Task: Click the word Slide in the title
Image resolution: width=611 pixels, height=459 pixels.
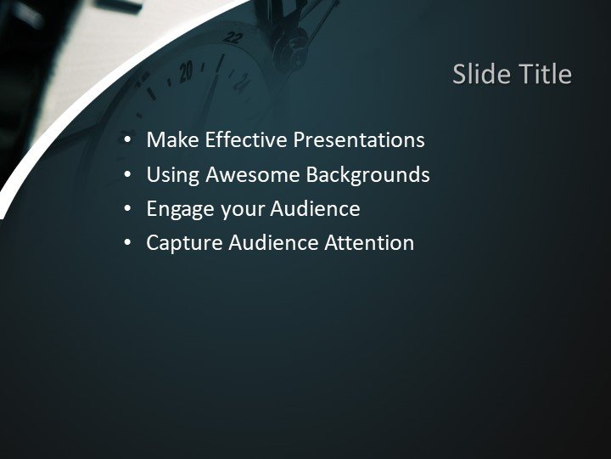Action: pos(479,75)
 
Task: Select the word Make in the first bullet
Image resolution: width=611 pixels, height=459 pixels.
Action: pos(170,140)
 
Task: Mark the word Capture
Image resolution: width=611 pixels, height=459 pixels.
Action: pos(180,243)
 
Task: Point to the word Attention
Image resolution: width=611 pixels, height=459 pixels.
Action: pos(370,243)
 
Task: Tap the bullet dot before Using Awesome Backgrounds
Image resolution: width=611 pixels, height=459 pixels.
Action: pos(127,175)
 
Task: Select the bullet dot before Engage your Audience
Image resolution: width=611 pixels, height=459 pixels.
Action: pos(127,209)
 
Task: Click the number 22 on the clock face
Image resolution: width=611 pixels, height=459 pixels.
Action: pos(234,37)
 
